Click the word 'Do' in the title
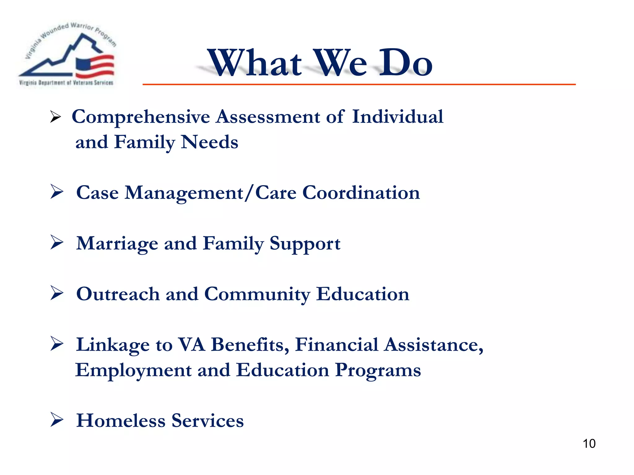pos(406,63)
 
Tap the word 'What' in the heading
pos(254,63)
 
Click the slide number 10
pos(589,443)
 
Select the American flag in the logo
pos(95,66)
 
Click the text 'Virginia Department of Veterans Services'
pos(66,83)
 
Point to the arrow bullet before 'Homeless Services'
pos(57,420)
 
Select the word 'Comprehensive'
pos(141,117)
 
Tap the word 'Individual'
pos(397,117)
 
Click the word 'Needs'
pos(209,142)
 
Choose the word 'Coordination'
pos(361,193)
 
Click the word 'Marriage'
pos(117,244)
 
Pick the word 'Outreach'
pos(118,294)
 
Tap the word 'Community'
pos(257,294)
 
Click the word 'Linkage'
pos(113,345)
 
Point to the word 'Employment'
pos(133,370)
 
